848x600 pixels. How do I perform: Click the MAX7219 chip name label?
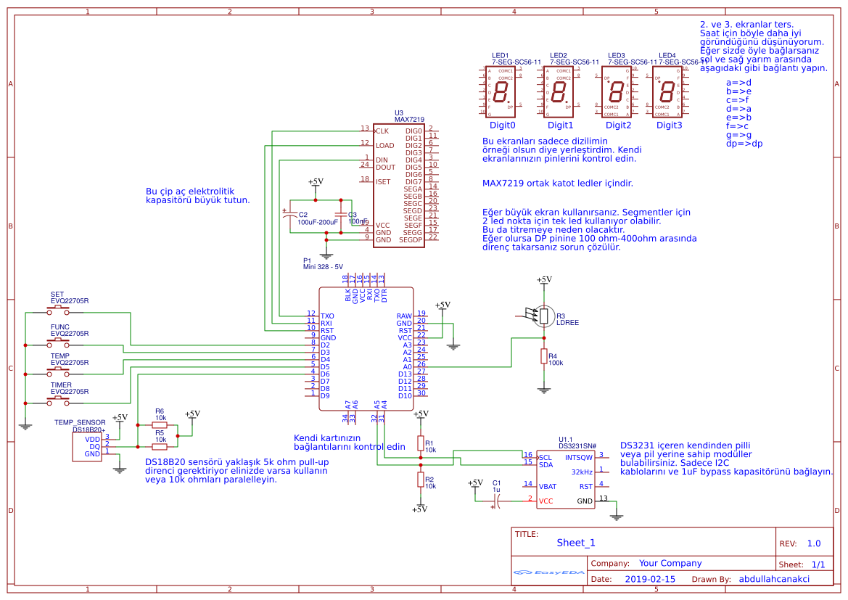point(409,119)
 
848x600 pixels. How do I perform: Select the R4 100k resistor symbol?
point(543,356)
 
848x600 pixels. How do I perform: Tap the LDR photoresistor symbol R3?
point(543,316)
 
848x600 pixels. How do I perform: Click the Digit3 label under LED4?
point(669,125)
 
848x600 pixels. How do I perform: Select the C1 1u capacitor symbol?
point(497,500)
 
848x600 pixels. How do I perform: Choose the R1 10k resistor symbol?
point(420,443)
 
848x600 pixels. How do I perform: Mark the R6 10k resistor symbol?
point(160,426)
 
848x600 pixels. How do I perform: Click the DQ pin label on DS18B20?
point(94,446)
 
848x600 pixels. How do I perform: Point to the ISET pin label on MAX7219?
point(384,181)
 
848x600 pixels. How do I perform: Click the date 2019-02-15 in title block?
point(649,579)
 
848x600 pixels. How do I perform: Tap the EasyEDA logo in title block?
point(548,572)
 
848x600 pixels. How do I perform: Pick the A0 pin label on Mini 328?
point(407,367)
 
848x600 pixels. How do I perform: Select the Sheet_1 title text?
point(576,543)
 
